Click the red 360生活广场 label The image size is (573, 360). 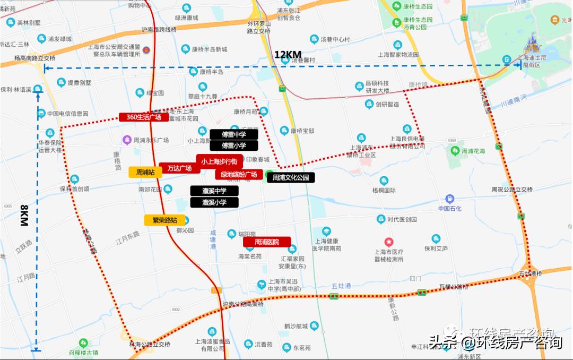[143, 117]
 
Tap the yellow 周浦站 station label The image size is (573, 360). [145, 172]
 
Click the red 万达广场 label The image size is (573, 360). [179, 168]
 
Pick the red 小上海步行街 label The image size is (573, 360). [219, 160]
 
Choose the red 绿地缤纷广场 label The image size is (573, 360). [239, 174]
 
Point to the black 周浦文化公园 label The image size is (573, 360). [290, 178]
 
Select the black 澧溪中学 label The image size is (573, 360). [214, 191]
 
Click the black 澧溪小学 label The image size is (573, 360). [214, 202]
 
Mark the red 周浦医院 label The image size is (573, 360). [267, 242]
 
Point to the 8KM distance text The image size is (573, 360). [23, 216]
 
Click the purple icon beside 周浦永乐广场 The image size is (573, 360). [127, 140]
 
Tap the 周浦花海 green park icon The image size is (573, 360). [455, 151]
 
